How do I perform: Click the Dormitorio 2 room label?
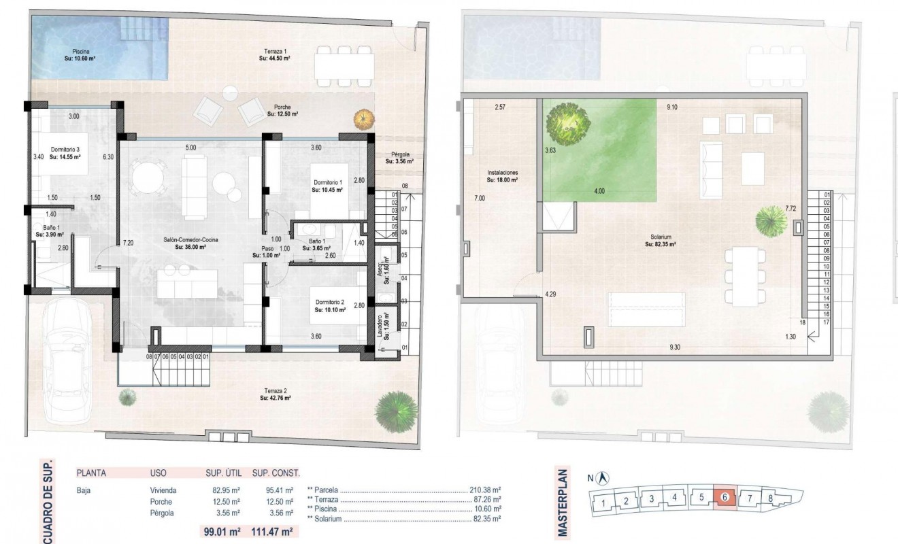pos(330,305)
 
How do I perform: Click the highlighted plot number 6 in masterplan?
pos(725,498)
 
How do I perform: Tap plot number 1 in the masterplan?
pos(603,503)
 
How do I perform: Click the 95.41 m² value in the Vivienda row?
pos(280,490)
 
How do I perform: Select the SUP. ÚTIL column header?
pos(224,473)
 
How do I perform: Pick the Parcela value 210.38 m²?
pos(485,489)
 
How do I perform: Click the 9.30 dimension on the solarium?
pos(674,347)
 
